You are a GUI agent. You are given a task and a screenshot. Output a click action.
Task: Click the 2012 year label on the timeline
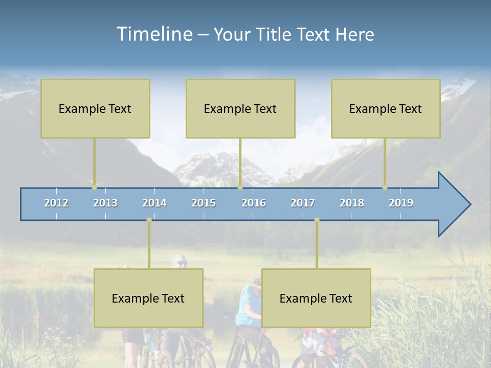56,203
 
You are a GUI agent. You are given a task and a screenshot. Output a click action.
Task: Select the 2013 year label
105,203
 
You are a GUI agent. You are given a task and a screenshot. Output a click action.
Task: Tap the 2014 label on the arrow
154,203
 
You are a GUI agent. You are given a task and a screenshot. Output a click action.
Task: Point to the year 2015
204,203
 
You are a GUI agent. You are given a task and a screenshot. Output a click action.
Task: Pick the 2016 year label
254,203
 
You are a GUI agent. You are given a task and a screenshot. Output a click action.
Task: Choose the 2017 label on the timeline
303,203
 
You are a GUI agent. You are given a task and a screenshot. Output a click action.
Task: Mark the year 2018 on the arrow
352,203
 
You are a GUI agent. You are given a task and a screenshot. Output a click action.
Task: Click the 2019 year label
401,203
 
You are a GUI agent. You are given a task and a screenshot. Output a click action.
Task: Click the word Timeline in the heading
154,34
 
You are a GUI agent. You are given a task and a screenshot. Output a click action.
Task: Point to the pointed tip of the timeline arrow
470,204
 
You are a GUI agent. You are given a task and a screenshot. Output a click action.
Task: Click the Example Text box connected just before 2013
95,108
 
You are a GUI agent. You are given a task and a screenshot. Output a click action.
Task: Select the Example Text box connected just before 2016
240,108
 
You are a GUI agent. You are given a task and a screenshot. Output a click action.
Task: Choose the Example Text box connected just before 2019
386,108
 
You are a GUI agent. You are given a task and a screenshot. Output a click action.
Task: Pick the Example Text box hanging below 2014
148,298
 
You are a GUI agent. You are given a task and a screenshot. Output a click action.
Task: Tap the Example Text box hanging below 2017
316,298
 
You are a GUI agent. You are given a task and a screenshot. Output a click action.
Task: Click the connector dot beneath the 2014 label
149,220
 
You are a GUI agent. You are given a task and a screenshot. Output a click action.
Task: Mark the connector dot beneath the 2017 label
317,220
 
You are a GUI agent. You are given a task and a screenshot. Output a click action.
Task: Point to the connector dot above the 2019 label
385,187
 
